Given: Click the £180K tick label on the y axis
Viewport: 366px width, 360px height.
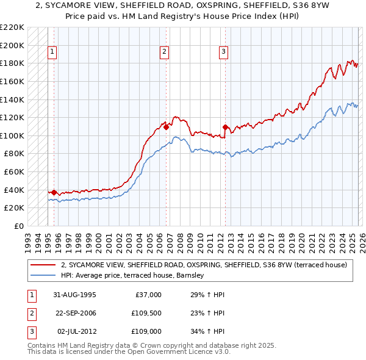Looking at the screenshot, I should coord(12,63).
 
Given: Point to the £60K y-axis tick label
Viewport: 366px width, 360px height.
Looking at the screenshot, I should coord(14,171).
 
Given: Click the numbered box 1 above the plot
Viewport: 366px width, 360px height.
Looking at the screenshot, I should coord(52,52).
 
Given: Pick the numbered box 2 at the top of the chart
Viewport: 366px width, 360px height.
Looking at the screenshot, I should coord(165,52).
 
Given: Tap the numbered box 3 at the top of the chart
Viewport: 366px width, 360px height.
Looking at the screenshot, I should coord(224,52).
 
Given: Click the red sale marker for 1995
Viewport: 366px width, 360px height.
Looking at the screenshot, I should coord(54,192).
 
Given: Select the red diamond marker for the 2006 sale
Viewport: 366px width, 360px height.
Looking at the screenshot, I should coord(166,127).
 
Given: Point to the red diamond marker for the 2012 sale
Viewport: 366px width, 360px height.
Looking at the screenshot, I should coord(225,128).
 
